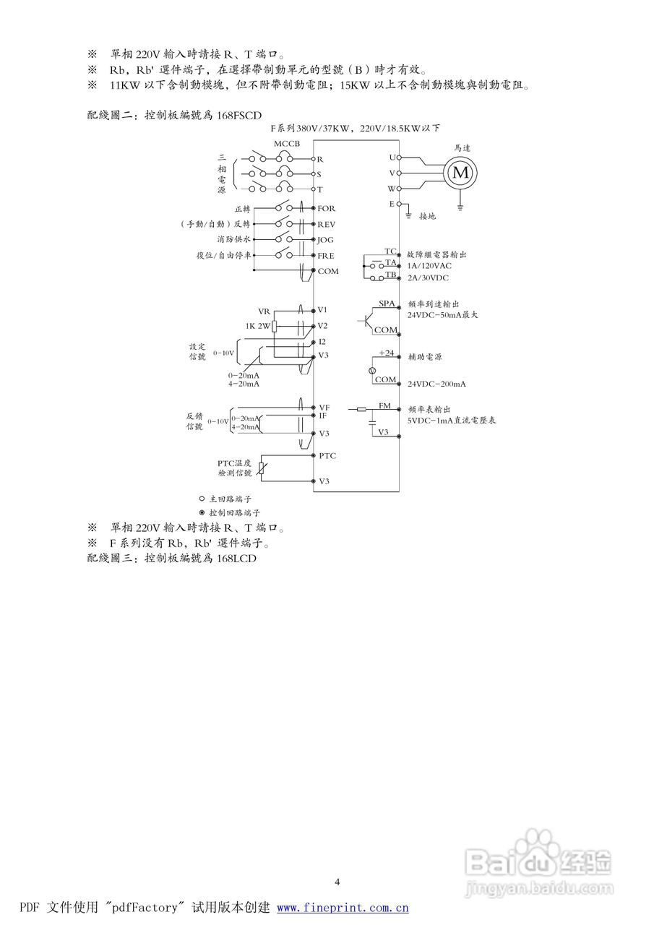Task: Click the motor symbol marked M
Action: (461, 172)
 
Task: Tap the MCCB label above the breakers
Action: (287, 143)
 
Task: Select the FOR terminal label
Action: (327, 208)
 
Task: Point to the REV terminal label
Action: (327, 224)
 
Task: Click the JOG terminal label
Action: (326, 239)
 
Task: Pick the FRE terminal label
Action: (326, 256)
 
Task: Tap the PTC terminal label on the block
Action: (327, 456)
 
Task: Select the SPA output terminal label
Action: (387, 304)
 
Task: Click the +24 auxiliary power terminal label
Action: (386, 353)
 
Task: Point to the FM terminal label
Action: (384, 406)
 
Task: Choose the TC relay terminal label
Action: (390, 251)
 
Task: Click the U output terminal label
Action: (392, 157)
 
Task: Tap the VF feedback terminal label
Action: (324, 408)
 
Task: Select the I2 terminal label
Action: (322, 341)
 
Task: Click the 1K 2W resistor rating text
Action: (257, 326)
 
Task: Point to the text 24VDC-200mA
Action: (436, 384)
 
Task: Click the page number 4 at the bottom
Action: (337, 881)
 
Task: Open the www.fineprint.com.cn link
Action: (343, 908)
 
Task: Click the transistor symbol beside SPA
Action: (369, 318)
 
